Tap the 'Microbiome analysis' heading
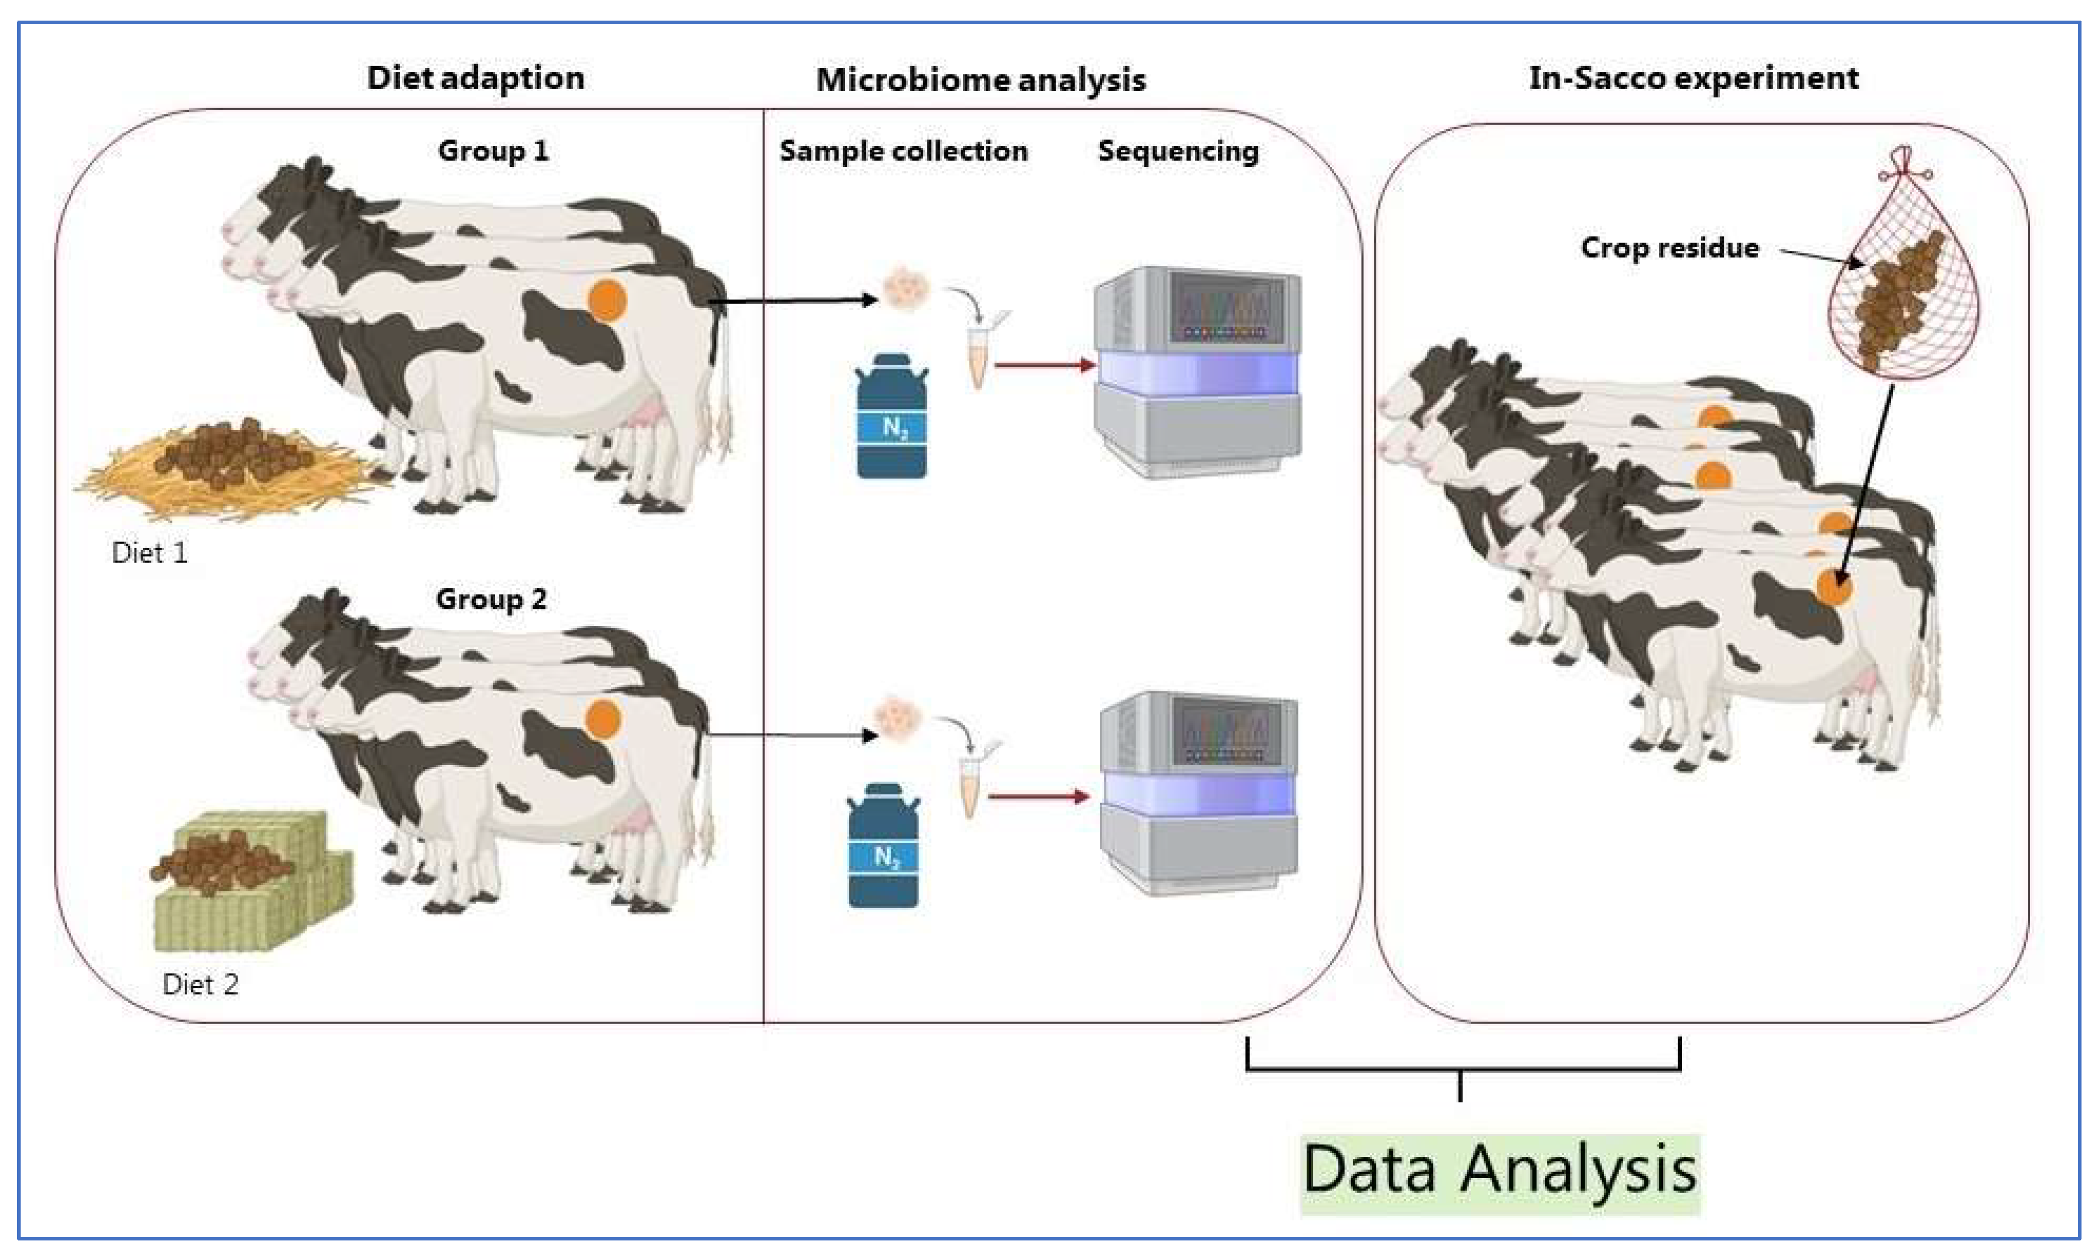[980, 80]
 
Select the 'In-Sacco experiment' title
[1693, 78]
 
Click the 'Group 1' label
[493, 150]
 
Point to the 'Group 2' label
[491, 599]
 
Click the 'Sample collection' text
[903, 150]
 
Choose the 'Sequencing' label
[1178, 150]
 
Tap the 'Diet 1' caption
[149, 553]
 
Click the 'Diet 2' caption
[201, 984]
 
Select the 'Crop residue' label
[1670, 248]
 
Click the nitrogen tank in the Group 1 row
[891, 417]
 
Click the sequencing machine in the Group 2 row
[1198, 793]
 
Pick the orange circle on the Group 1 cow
[608, 300]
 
